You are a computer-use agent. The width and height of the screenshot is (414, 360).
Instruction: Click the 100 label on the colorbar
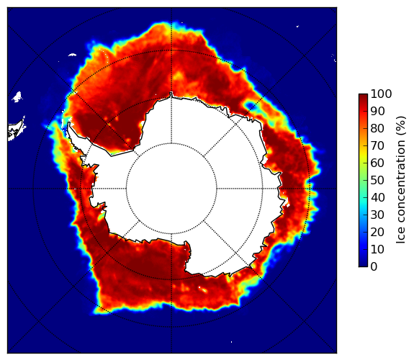tap(381, 94)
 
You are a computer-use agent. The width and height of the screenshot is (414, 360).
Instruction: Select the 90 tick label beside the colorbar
tap(377, 111)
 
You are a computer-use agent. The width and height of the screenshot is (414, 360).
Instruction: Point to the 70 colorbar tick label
tap(377, 145)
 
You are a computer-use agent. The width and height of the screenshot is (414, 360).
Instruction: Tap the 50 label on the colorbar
tap(377, 181)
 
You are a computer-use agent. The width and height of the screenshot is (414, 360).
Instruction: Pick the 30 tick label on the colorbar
tap(377, 215)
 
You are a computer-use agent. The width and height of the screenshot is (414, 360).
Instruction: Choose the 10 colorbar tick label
tap(377, 249)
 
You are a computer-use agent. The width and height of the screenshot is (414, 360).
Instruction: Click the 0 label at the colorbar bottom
tap(374, 267)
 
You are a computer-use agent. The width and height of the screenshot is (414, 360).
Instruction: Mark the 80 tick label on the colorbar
tap(377, 129)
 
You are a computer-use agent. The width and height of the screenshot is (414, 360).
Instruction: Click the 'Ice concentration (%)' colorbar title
tap(400, 180)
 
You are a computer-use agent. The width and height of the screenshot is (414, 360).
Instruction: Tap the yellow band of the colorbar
tap(363, 155)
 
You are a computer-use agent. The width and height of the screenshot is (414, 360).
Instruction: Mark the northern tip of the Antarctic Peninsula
tap(69, 124)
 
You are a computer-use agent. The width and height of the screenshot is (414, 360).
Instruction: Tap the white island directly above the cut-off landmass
tap(17, 96)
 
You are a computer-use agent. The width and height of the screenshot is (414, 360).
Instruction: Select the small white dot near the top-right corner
tap(297, 26)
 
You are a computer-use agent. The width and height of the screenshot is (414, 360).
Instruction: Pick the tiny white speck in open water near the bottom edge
tap(232, 342)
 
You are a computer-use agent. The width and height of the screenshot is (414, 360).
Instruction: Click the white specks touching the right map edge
tap(334, 58)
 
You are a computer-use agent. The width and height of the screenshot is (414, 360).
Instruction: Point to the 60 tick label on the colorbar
tap(377, 163)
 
